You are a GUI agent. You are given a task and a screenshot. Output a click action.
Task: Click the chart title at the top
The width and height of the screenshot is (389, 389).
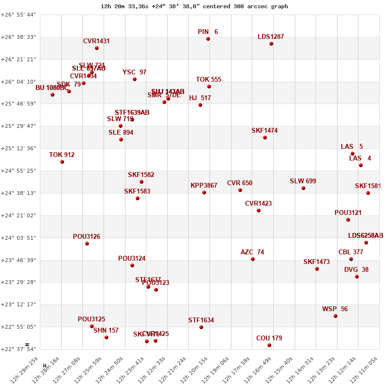194,6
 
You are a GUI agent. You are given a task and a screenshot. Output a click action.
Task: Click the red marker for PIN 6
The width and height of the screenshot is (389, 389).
208,39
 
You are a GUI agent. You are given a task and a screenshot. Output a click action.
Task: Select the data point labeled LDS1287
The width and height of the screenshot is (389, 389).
271,44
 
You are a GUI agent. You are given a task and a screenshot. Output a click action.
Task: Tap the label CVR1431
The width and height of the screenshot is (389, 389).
96,41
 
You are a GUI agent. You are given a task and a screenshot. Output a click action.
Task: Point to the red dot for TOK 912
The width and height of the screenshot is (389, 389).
62,162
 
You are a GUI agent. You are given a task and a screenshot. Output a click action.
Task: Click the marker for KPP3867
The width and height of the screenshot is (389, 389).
204,193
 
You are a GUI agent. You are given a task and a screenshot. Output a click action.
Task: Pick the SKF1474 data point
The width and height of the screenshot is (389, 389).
265,138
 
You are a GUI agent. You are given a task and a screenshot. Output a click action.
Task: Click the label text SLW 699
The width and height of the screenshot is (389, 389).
303,181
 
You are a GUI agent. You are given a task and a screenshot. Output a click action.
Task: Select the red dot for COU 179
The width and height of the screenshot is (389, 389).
269,345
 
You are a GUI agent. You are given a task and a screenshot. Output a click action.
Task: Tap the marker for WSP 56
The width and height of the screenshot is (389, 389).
336,316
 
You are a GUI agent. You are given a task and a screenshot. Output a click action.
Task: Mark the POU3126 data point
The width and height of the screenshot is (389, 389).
87,244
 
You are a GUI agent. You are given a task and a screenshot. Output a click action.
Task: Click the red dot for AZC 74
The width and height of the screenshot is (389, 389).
253,259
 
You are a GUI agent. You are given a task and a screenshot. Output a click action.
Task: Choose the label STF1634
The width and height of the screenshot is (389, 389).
201,320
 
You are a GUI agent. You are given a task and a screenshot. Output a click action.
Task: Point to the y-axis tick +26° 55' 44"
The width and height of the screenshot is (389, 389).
18,15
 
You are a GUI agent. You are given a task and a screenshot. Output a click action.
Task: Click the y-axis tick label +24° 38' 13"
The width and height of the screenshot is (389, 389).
18,193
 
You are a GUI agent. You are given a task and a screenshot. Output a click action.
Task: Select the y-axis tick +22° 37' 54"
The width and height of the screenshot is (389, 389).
18,349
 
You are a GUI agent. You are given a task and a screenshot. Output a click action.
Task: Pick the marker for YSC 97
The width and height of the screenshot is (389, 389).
135,79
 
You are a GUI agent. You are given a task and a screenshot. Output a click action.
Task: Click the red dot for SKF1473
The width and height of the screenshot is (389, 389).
317,269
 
